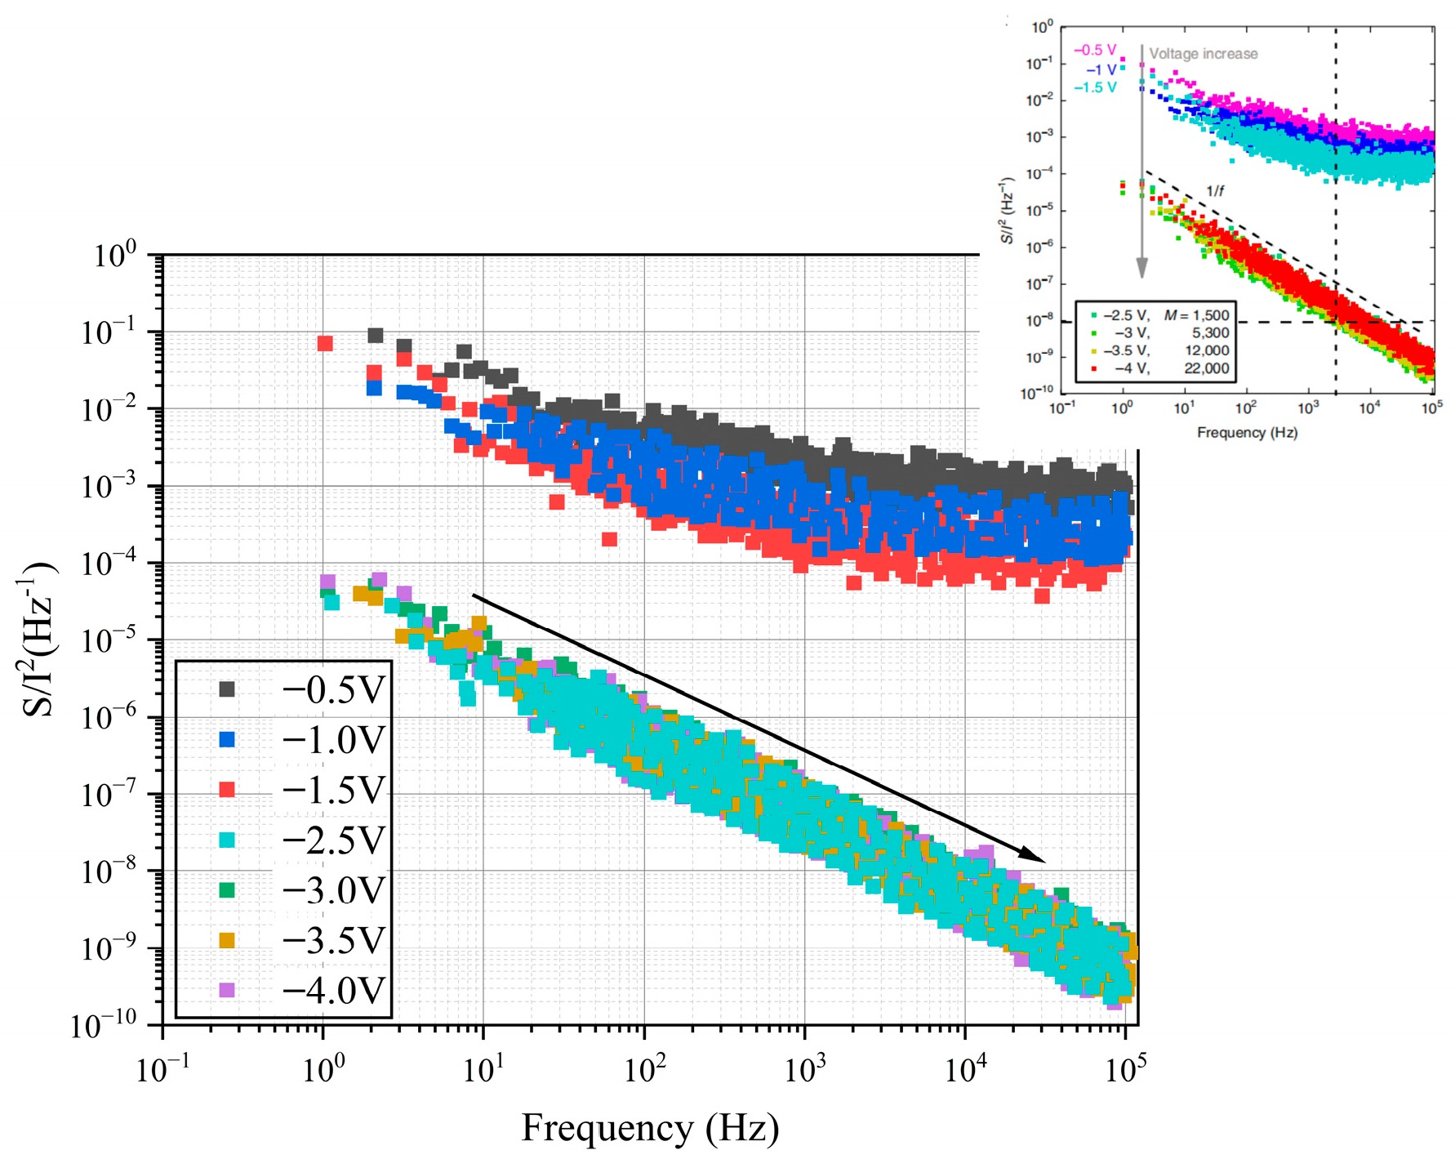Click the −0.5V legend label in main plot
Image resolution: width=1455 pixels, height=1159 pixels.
point(332,689)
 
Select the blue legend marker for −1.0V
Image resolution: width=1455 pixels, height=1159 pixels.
point(227,739)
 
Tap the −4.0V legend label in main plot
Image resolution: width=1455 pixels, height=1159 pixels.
point(332,990)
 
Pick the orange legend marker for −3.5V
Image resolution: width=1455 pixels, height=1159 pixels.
point(227,940)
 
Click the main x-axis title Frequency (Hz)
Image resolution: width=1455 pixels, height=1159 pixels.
point(650,1128)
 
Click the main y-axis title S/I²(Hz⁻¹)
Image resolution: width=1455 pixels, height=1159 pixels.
point(38,640)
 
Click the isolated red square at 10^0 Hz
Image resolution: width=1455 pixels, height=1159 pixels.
point(325,343)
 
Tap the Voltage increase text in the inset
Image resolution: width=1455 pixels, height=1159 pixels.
point(1203,54)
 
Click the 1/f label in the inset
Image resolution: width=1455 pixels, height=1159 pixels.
point(1215,191)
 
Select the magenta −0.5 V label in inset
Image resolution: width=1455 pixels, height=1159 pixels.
point(1094,50)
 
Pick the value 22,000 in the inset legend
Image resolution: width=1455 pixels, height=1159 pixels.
point(1206,368)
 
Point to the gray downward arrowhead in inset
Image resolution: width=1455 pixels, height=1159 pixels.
point(1141,269)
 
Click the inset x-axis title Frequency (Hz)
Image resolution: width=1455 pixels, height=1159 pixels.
point(1246,432)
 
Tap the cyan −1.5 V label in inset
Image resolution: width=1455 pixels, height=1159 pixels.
point(1094,87)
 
